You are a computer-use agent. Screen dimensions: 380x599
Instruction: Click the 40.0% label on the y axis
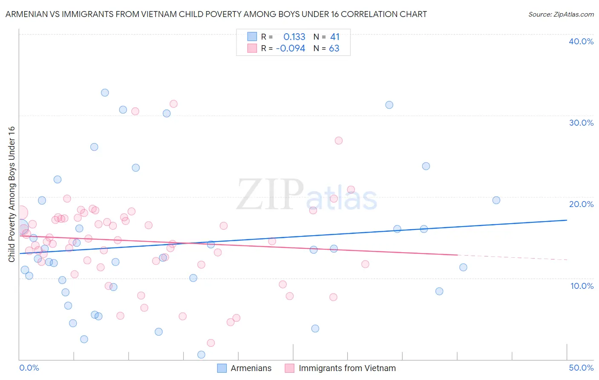[581, 41]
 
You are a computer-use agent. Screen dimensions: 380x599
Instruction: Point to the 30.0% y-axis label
[581, 123]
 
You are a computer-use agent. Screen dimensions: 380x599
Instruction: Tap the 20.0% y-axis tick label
[581, 204]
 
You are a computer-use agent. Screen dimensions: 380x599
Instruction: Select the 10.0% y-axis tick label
[582, 286]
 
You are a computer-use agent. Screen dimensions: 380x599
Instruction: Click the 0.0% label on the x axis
[29, 368]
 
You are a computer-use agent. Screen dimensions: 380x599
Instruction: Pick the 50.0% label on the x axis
[581, 368]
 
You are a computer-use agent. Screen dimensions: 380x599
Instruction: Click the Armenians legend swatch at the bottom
[222, 368]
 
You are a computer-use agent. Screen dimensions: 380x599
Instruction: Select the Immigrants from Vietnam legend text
[347, 368]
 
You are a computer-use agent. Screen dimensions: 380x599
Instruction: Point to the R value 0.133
[294, 37]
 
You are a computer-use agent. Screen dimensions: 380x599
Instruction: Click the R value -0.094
[291, 49]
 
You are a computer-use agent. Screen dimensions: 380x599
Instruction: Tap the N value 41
[335, 37]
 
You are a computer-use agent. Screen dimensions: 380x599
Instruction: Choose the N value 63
[334, 49]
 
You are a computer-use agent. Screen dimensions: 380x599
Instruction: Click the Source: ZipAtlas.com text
[561, 14]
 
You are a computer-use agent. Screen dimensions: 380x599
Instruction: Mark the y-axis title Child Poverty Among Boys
[12, 194]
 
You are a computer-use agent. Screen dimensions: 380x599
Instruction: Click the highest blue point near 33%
[105, 93]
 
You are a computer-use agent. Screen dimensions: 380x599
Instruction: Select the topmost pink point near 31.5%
[173, 104]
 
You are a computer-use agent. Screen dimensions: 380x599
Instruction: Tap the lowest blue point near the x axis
[201, 354]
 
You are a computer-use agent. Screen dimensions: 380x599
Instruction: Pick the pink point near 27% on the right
[339, 141]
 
